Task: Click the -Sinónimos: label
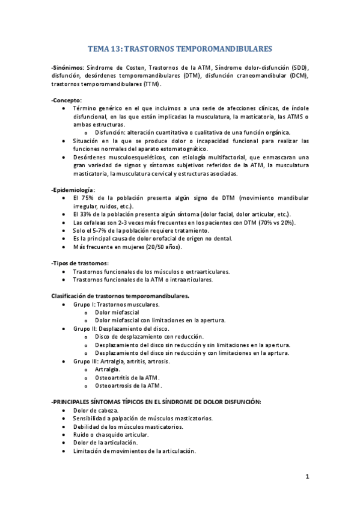pyautogui.click(x=68, y=68)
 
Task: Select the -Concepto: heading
pyautogui.click(x=67, y=99)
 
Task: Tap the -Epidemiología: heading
pyautogui.click(x=73, y=189)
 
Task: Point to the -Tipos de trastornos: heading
pyautogui.click(x=80, y=263)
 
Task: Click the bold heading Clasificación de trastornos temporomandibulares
pyautogui.click(x=120, y=296)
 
